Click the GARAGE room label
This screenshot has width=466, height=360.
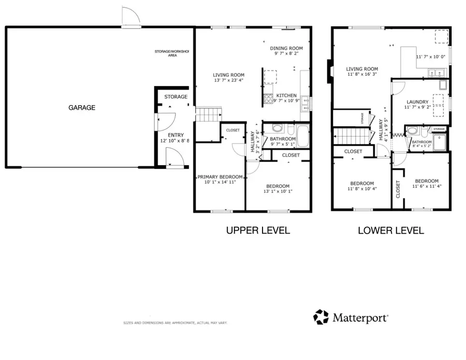[x=82, y=108]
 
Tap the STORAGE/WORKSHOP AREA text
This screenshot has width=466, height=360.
[x=172, y=53]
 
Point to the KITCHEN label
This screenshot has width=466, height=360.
[x=286, y=96]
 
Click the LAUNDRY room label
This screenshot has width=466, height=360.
[x=417, y=102]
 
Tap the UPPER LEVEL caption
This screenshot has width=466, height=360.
[x=258, y=231]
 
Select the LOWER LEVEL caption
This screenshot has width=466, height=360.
[x=391, y=231]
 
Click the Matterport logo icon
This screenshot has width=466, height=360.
[x=321, y=317]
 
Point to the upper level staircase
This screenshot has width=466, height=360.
[x=208, y=114]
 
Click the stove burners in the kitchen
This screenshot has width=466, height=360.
[x=269, y=99]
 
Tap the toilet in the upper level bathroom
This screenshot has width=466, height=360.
[x=276, y=129]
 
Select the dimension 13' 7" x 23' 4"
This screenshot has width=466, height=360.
[x=228, y=81]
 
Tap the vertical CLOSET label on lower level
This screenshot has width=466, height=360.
[x=398, y=189]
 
